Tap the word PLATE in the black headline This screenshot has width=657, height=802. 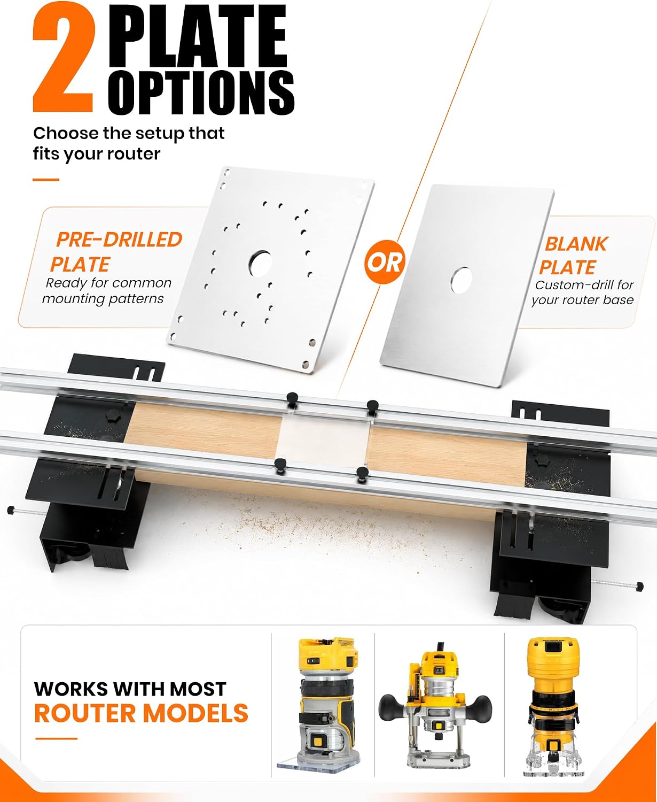[x=198, y=36]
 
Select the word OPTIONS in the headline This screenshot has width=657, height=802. [x=201, y=92]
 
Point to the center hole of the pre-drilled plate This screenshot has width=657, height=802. [x=261, y=263]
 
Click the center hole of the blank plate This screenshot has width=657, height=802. [x=462, y=280]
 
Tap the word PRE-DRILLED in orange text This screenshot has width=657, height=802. [x=119, y=240]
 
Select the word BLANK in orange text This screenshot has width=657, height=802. [x=576, y=244]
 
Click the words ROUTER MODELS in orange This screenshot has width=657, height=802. [x=142, y=713]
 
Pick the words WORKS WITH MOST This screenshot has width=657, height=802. [x=130, y=689]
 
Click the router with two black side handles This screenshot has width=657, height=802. [x=435, y=710]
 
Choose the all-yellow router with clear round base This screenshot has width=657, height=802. [x=554, y=706]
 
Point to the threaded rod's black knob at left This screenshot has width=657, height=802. [x=11, y=510]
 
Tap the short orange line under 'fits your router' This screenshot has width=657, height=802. [x=46, y=180]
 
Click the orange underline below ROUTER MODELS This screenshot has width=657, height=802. [x=56, y=738]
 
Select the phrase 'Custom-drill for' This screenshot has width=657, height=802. [x=584, y=285]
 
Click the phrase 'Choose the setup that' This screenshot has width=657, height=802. [x=129, y=133]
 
